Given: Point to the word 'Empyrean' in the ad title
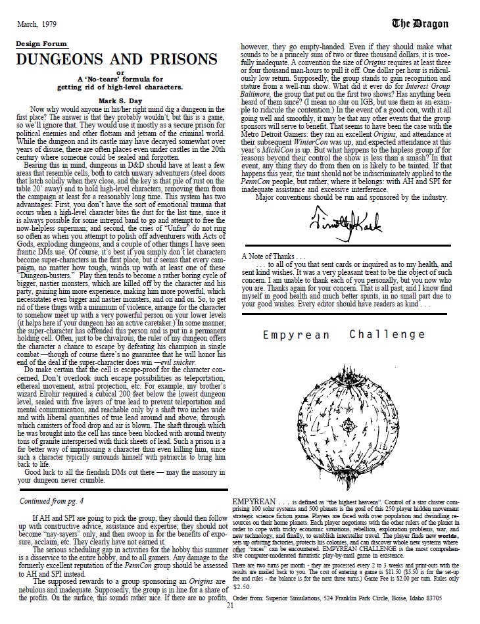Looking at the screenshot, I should [292, 335].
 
